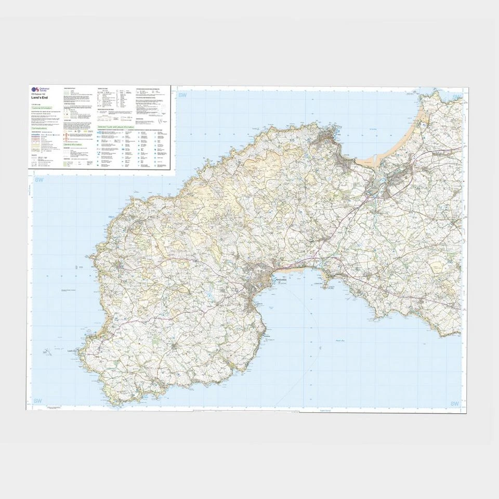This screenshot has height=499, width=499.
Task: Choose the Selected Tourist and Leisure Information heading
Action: (115, 127)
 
